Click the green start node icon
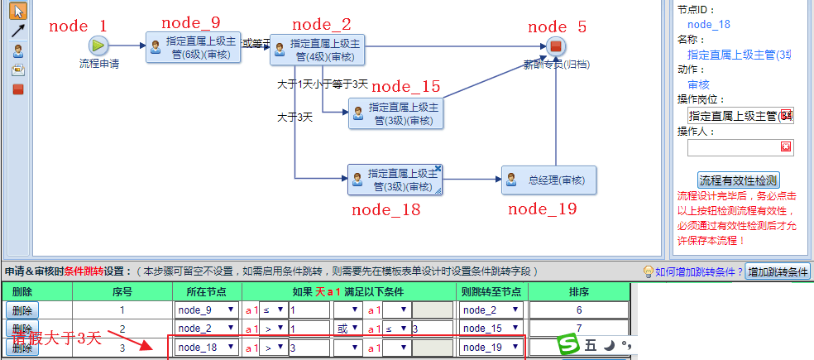(x=98, y=46)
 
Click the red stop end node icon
(x=556, y=46)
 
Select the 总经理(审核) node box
(x=548, y=180)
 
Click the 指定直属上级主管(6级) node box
(x=193, y=46)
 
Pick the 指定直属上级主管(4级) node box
(x=317, y=50)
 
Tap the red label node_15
(x=405, y=87)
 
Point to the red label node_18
(x=385, y=209)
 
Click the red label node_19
(x=542, y=209)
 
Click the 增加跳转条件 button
(x=778, y=271)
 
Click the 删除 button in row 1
(x=22, y=310)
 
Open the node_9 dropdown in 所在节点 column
(x=207, y=310)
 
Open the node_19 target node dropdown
(x=491, y=348)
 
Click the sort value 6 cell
(x=579, y=310)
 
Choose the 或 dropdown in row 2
(x=347, y=329)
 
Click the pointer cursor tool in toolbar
(x=18, y=12)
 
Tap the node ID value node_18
(x=709, y=24)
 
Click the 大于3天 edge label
(x=294, y=118)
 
